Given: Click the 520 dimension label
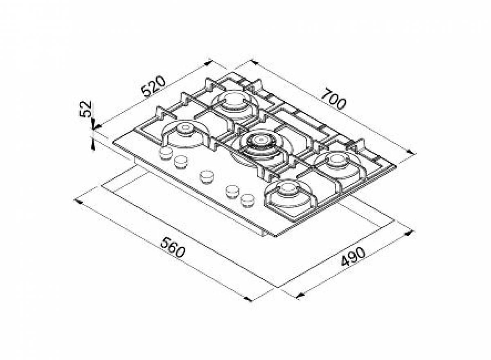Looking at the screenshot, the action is [153, 86].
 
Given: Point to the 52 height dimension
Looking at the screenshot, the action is [85, 109].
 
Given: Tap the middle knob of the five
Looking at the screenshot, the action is [207, 177].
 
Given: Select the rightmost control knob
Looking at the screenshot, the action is [248, 200].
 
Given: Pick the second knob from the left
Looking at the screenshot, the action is [181, 162].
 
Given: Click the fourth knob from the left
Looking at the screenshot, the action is [232, 191].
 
